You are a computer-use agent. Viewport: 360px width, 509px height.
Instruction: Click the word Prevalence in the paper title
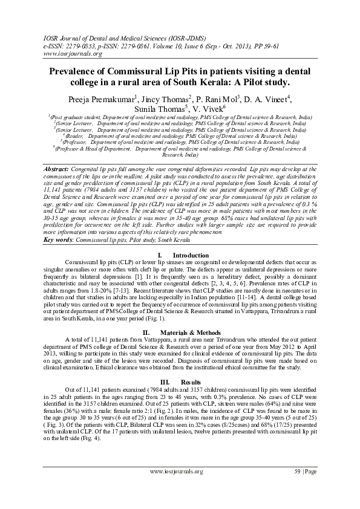tap(71, 71)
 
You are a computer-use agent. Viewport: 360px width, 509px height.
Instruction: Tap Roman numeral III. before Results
tap(165, 365)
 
